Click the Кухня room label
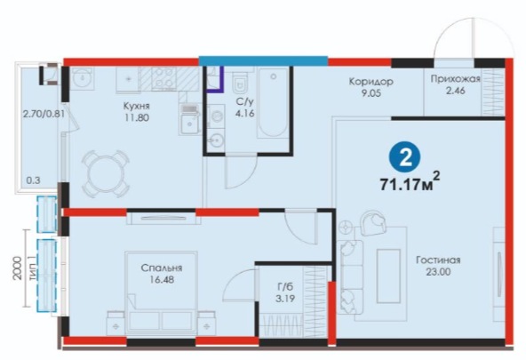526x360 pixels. click(x=136, y=107)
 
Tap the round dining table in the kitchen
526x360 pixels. click(x=106, y=174)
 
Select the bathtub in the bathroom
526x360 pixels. click(x=273, y=102)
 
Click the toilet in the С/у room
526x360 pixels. click(x=240, y=82)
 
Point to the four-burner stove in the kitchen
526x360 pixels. click(x=164, y=78)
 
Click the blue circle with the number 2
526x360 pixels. click(x=406, y=157)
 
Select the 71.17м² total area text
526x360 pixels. click(x=410, y=183)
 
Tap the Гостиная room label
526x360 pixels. click(x=438, y=260)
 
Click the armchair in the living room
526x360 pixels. click(x=373, y=221)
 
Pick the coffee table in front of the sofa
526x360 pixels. click(x=388, y=276)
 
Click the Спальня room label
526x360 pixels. click(x=162, y=268)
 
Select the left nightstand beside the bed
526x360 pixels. click(x=116, y=323)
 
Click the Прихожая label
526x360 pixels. click(x=455, y=79)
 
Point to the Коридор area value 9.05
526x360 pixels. click(x=371, y=93)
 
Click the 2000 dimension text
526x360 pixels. click(x=17, y=268)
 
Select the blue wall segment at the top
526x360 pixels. click(x=263, y=60)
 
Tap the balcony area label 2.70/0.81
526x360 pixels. click(x=44, y=114)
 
